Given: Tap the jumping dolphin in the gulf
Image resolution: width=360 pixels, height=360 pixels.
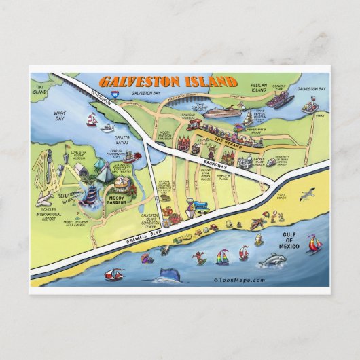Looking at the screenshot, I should [276, 259].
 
